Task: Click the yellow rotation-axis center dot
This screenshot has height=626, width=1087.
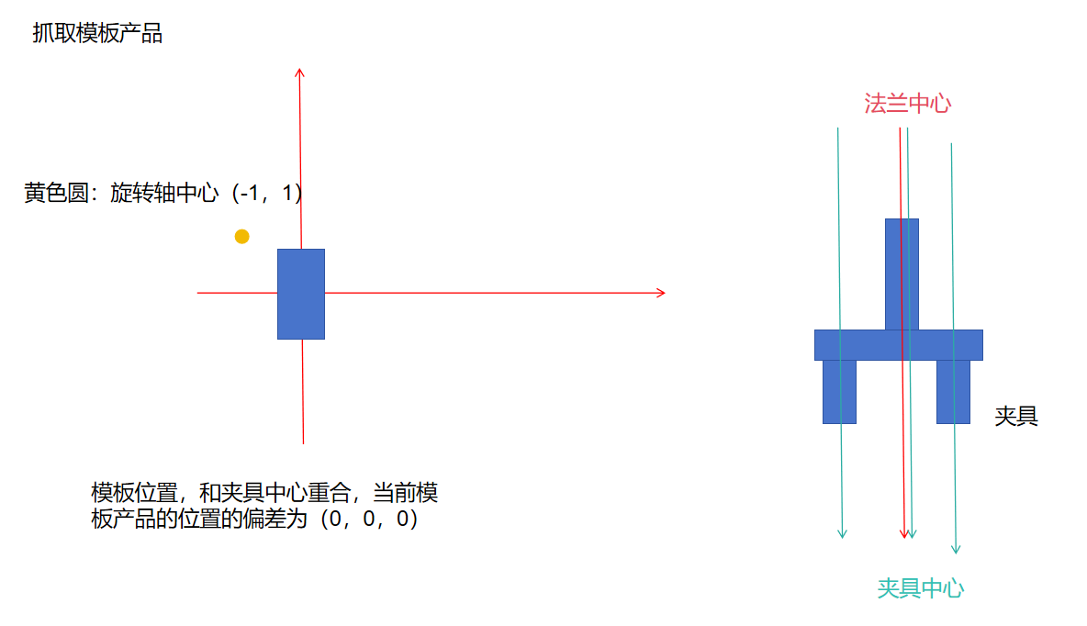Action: [241, 237]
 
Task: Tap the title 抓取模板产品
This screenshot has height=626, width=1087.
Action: [97, 35]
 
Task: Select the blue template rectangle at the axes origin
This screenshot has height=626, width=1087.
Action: [301, 294]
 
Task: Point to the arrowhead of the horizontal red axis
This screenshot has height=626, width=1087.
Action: [659, 293]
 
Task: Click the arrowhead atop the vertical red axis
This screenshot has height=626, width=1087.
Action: [299, 73]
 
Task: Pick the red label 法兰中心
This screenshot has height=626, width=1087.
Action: [907, 103]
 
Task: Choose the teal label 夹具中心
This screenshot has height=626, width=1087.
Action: [920, 588]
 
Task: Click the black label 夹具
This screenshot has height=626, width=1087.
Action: [1016, 416]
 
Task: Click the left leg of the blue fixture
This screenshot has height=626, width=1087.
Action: [839, 391]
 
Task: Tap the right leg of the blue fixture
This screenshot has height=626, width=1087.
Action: [953, 391]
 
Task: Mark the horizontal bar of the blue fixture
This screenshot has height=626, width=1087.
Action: [898, 345]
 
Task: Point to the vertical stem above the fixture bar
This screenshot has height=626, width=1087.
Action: [902, 274]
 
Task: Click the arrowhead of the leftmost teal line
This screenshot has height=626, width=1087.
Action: [842, 533]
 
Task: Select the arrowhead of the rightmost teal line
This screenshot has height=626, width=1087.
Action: [955, 549]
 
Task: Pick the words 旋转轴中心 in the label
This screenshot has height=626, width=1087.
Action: [164, 194]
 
